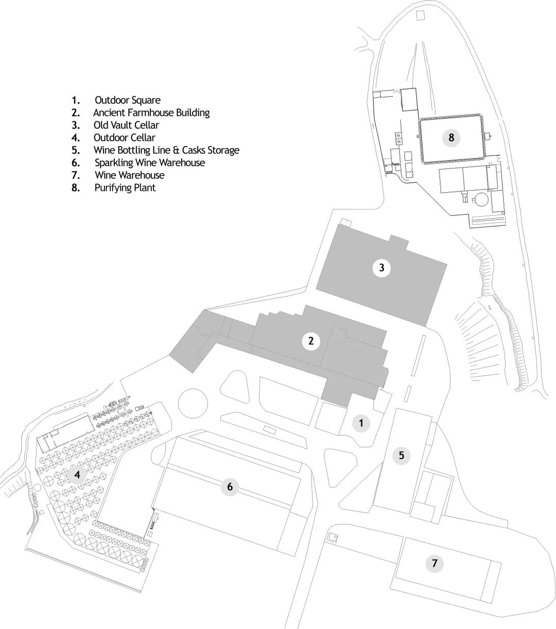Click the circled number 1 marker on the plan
tap(361, 423)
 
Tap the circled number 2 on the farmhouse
tap(311, 341)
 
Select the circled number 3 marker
tap(381, 268)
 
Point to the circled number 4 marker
tap(77, 475)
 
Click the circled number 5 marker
tap(402, 455)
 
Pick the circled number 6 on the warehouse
tap(230, 487)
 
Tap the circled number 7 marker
tap(435, 564)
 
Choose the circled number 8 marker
tap(451, 137)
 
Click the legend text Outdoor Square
tap(128, 100)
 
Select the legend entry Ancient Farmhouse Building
tap(151, 112)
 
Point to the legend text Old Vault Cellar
tap(126, 125)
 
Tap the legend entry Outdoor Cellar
tap(124, 137)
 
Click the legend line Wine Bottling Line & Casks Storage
tap(166, 150)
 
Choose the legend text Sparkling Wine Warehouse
tap(150, 163)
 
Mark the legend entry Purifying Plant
tap(125, 188)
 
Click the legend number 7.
tap(76, 176)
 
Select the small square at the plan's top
tap(421, 15)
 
